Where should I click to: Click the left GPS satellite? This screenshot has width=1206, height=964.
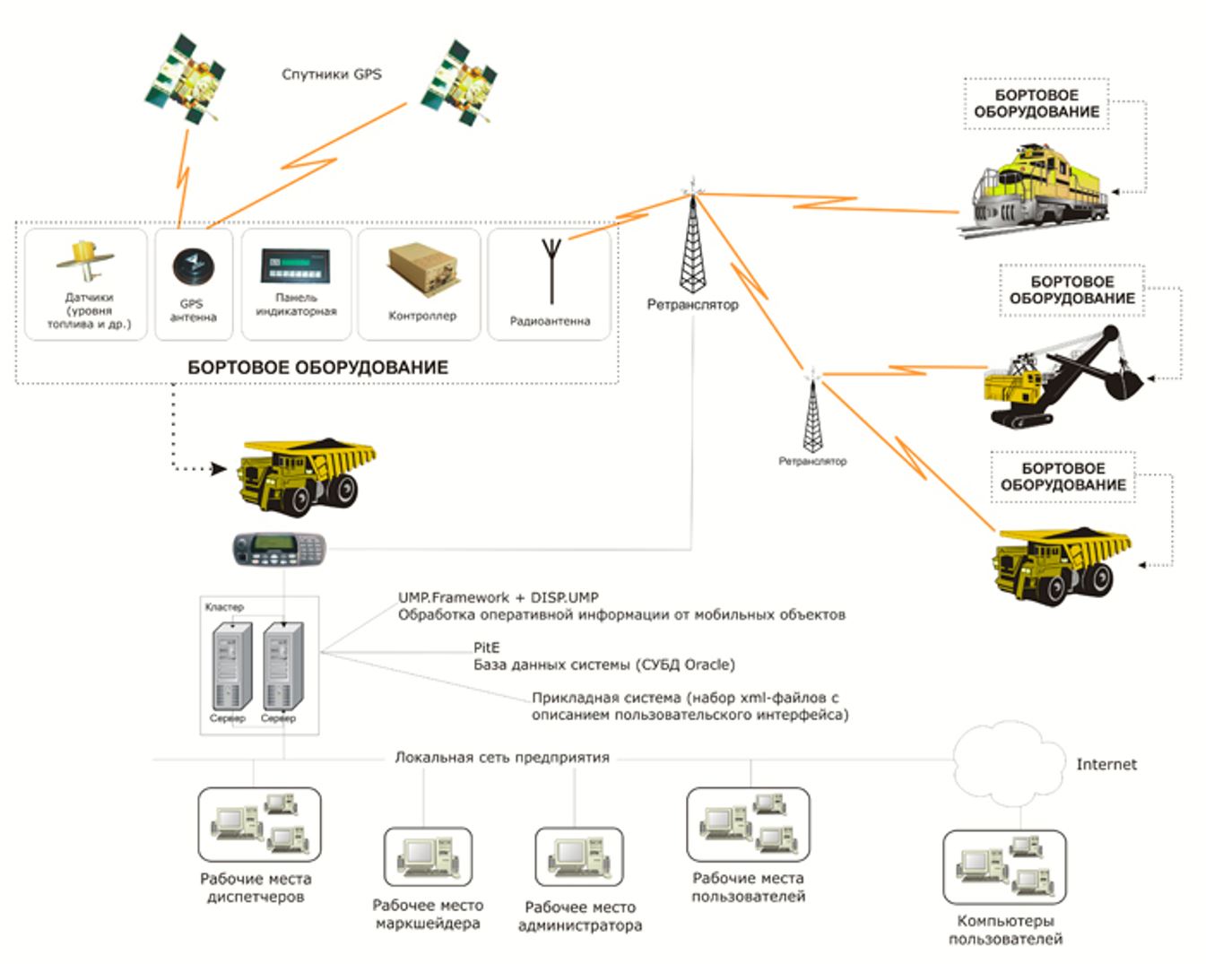(187, 78)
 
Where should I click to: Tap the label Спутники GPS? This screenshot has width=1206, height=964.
(331, 74)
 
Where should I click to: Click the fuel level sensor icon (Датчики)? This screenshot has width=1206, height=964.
(85, 261)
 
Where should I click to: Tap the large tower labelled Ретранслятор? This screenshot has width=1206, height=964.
(693, 242)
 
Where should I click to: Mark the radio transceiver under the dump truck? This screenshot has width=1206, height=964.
(279, 548)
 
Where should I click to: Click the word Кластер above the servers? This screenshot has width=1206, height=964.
(224, 607)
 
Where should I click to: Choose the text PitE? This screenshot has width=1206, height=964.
(487, 647)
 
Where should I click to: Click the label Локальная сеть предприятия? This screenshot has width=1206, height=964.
(502, 758)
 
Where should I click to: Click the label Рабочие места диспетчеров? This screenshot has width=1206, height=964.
(256, 888)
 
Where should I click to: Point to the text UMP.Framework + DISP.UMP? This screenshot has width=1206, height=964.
(498, 597)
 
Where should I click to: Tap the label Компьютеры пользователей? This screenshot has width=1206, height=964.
(1005, 930)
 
